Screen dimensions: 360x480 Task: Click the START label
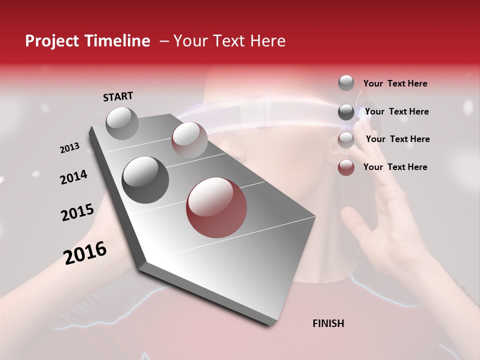[118, 96]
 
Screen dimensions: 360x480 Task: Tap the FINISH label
[328, 323]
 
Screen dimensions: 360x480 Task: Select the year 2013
[69, 148]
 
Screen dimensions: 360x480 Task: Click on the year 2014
[73, 177]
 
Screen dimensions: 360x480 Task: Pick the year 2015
[77, 212]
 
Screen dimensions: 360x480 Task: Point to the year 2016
[85, 252]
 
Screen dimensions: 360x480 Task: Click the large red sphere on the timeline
[216, 207]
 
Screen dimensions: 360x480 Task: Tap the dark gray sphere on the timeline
[145, 180]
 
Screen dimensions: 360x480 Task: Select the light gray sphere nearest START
[122, 123]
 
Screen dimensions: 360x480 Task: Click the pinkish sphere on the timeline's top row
[189, 140]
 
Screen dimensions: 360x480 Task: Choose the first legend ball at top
[346, 83]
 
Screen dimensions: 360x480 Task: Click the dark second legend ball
[346, 111]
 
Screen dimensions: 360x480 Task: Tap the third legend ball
[346, 139]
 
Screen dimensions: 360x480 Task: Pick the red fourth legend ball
[346, 167]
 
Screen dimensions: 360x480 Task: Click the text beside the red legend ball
[395, 167]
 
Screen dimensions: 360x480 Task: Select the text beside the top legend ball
[395, 83]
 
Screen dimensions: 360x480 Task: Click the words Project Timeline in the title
[87, 41]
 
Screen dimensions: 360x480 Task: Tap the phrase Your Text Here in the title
[229, 41]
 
